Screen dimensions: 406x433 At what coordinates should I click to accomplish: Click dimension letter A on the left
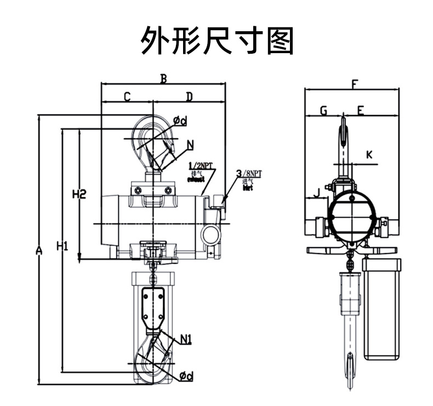[x=39, y=250]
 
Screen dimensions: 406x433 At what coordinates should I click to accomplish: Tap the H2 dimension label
[x=80, y=193]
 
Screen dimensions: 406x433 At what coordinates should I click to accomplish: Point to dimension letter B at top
[x=163, y=78]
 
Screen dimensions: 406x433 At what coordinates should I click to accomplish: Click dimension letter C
[x=127, y=97]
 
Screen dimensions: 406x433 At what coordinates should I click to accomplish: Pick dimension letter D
[x=189, y=97]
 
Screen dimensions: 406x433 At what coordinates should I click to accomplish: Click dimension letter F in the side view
[x=355, y=84]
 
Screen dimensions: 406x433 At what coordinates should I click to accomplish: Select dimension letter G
[x=323, y=111]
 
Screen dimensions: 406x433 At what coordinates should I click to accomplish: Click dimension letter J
[x=316, y=192]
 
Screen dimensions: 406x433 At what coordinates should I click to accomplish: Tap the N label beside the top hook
[x=190, y=145]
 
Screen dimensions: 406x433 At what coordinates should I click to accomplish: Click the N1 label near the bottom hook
[x=185, y=340]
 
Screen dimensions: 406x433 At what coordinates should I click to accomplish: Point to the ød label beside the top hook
[x=180, y=120]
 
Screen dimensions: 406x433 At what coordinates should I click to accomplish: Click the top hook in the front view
[x=153, y=140]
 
